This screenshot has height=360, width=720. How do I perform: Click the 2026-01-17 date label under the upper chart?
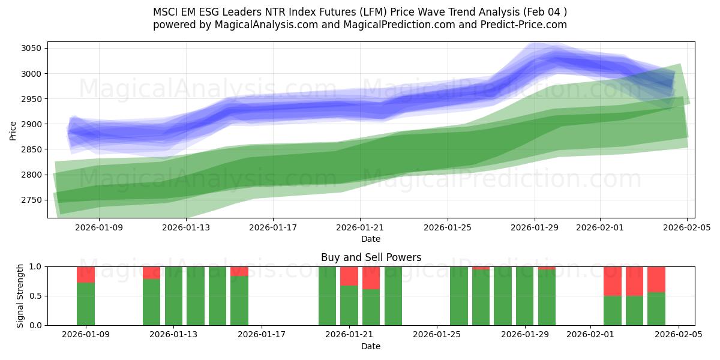272,227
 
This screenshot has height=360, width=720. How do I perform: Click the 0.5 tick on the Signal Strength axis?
36,296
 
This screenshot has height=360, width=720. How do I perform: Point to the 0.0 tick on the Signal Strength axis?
36,325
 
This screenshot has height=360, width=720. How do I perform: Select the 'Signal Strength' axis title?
20,296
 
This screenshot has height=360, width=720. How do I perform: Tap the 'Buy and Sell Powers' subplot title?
371,257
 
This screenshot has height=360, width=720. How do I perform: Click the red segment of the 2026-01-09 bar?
86,274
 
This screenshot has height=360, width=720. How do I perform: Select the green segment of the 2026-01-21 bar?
349,305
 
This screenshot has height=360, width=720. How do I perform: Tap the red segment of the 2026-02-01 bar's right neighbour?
634,281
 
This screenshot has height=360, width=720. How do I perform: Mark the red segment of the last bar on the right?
656,279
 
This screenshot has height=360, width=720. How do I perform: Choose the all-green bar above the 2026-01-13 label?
173,296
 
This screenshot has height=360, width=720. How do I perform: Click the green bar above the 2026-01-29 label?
524,296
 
